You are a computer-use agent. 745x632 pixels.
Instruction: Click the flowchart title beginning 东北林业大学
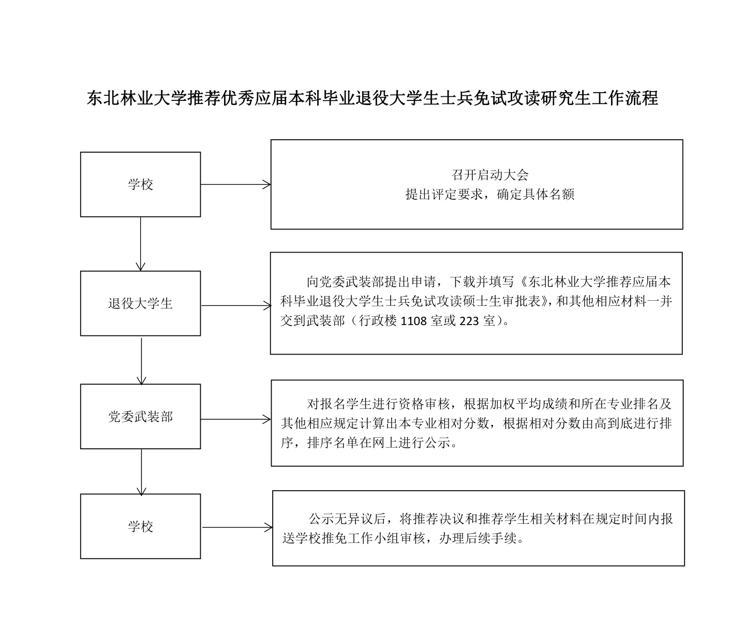click(x=373, y=98)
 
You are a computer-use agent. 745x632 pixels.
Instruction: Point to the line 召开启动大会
click(x=490, y=175)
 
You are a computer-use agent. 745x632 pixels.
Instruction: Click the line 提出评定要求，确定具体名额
click(x=490, y=195)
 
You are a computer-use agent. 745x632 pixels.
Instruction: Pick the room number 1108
click(x=413, y=321)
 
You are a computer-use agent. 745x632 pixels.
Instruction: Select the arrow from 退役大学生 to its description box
click(x=236, y=306)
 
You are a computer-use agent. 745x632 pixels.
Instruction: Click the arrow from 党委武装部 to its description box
click(x=236, y=419)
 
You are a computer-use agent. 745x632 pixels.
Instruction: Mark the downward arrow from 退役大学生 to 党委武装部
click(x=141, y=361)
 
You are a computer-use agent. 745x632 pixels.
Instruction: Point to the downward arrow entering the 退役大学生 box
click(x=140, y=244)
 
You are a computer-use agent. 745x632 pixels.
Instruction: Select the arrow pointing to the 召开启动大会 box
click(x=236, y=185)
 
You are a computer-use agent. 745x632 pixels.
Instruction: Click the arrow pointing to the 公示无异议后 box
click(x=237, y=527)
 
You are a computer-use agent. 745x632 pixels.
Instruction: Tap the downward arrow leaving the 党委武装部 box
click(x=141, y=472)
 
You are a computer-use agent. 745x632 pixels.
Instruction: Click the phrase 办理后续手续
click(x=478, y=539)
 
